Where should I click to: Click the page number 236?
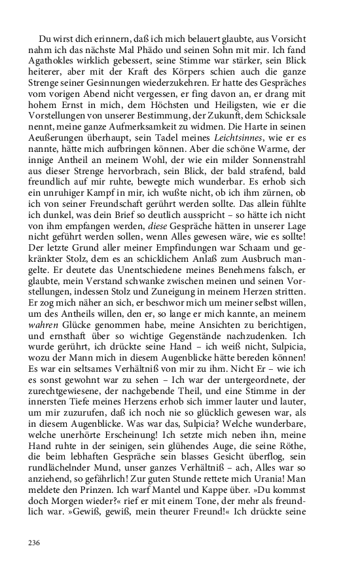34,543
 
